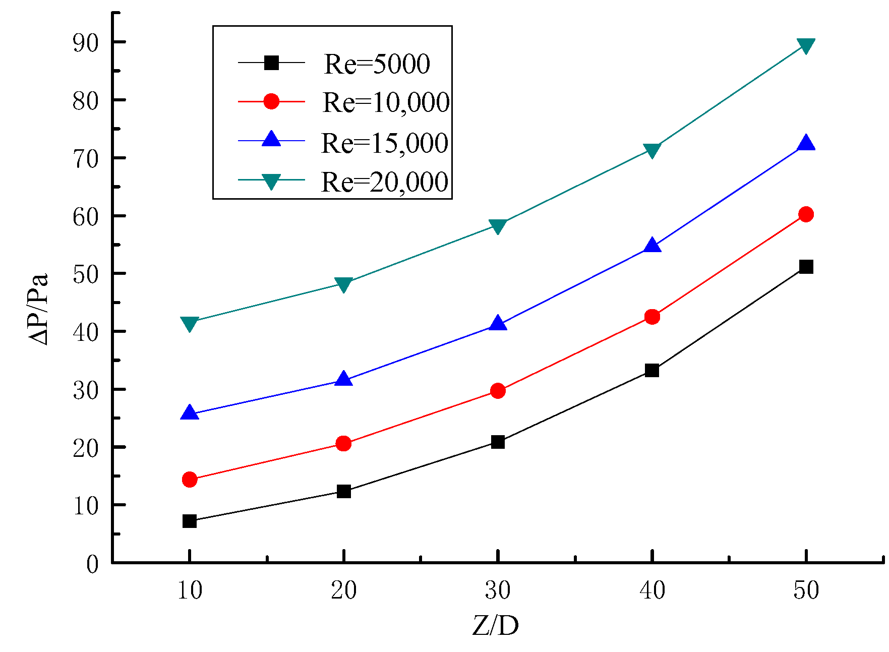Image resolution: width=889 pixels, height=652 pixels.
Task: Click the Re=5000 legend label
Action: point(377,64)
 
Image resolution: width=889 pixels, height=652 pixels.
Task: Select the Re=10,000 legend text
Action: point(386,102)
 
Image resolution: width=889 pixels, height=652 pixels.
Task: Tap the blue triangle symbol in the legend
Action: point(271,139)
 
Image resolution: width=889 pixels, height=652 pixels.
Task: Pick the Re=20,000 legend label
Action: point(384,182)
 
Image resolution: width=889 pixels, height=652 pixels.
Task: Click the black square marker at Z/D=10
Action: point(190,521)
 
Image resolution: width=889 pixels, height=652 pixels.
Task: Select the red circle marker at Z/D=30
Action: point(498,391)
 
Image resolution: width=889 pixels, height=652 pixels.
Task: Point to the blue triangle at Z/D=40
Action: point(652,246)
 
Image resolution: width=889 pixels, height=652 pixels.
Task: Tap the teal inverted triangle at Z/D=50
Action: point(806,46)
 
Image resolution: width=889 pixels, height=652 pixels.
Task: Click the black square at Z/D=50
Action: point(806,267)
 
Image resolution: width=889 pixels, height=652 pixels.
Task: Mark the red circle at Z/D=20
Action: point(343,444)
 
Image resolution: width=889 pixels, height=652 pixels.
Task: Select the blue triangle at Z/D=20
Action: point(343,379)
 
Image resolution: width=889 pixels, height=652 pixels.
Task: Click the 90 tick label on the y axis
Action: point(85,43)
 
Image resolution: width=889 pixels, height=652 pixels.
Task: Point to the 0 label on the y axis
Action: point(92,564)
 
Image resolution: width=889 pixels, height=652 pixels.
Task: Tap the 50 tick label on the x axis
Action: point(806,590)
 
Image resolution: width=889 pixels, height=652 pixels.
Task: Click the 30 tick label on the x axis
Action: point(498,590)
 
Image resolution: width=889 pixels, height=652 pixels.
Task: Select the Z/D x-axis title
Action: point(496,626)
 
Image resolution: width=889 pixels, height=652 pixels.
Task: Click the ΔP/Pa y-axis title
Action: point(38,309)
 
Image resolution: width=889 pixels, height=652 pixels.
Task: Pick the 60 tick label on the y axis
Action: point(85,217)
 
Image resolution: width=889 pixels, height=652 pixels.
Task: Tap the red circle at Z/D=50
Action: point(806,214)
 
